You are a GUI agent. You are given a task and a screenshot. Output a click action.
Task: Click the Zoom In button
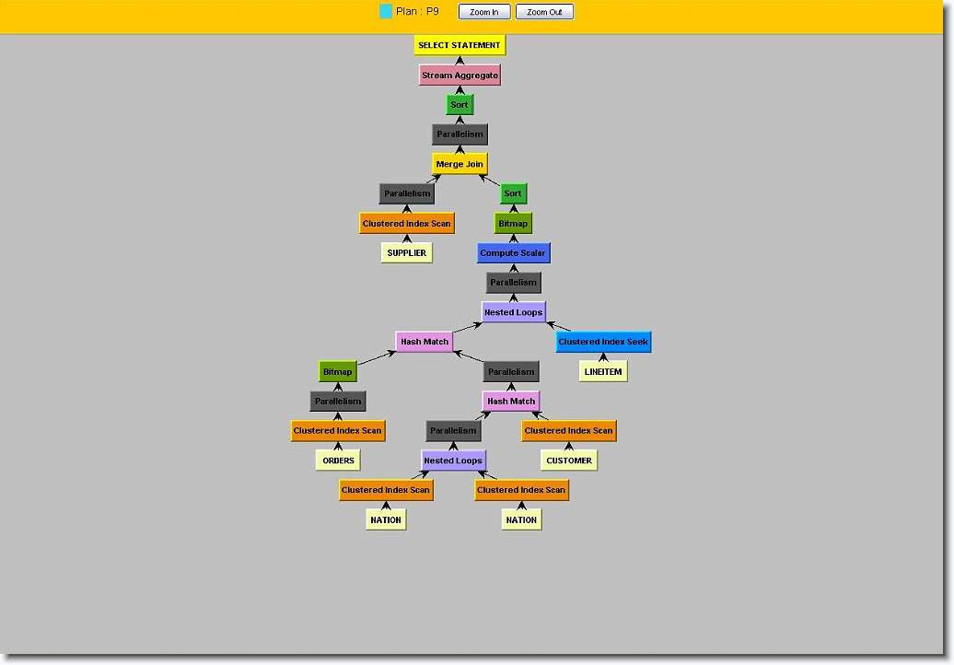pyautogui.click(x=484, y=12)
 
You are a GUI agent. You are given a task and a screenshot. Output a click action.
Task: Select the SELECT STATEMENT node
pyautogui.click(x=460, y=45)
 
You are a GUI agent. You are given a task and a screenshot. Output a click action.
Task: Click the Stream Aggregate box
pyautogui.click(x=460, y=76)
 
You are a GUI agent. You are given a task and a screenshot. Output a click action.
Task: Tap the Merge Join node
pyautogui.click(x=460, y=164)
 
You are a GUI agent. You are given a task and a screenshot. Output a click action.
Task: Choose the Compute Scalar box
pyautogui.click(x=513, y=253)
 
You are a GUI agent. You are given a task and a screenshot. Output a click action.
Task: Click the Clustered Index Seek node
pyautogui.click(x=603, y=342)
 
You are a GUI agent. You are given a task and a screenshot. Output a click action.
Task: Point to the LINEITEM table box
pyautogui.click(x=603, y=372)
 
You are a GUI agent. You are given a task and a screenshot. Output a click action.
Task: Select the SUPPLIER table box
pyautogui.click(x=407, y=252)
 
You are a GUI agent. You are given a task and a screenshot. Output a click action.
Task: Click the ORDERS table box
pyautogui.click(x=338, y=461)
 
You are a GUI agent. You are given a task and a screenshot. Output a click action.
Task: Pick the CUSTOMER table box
pyautogui.click(x=569, y=461)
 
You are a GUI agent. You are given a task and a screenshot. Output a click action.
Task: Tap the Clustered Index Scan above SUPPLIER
pyautogui.click(x=407, y=224)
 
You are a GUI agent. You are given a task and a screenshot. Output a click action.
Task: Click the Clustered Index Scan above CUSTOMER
pyautogui.click(x=568, y=431)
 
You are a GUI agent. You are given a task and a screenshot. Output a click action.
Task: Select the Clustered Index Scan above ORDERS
pyautogui.click(x=338, y=431)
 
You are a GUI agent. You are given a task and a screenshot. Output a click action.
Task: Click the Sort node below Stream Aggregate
pyautogui.click(x=460, y=105)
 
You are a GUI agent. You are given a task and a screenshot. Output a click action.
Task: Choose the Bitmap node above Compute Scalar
pyautogui.click(x=513, y=224)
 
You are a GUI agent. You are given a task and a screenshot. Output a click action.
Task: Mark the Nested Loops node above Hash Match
pyautogui.click(x=513, y=312)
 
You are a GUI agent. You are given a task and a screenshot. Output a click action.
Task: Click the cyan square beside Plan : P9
pyautogui.click(x=386, y=12)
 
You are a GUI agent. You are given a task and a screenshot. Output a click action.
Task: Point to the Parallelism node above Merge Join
pyautogui.click(x=460, y=134)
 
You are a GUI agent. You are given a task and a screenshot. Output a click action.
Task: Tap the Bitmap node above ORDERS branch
pyautogui.click(x=338, y=372)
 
